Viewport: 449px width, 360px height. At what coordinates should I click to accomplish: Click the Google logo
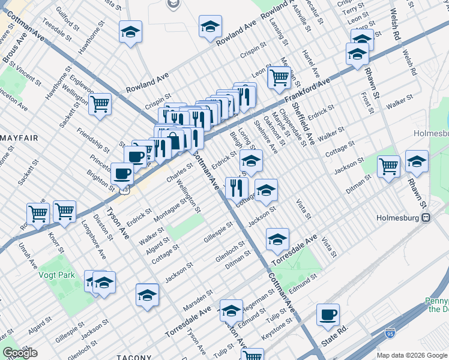(x=20, y=353)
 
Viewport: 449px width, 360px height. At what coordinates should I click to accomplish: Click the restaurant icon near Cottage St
(x=237, y=187)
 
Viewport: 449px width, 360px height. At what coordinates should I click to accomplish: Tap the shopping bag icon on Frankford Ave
(x=173, y=140)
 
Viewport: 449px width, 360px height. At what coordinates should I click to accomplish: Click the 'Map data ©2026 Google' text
(x=412, y=355)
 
